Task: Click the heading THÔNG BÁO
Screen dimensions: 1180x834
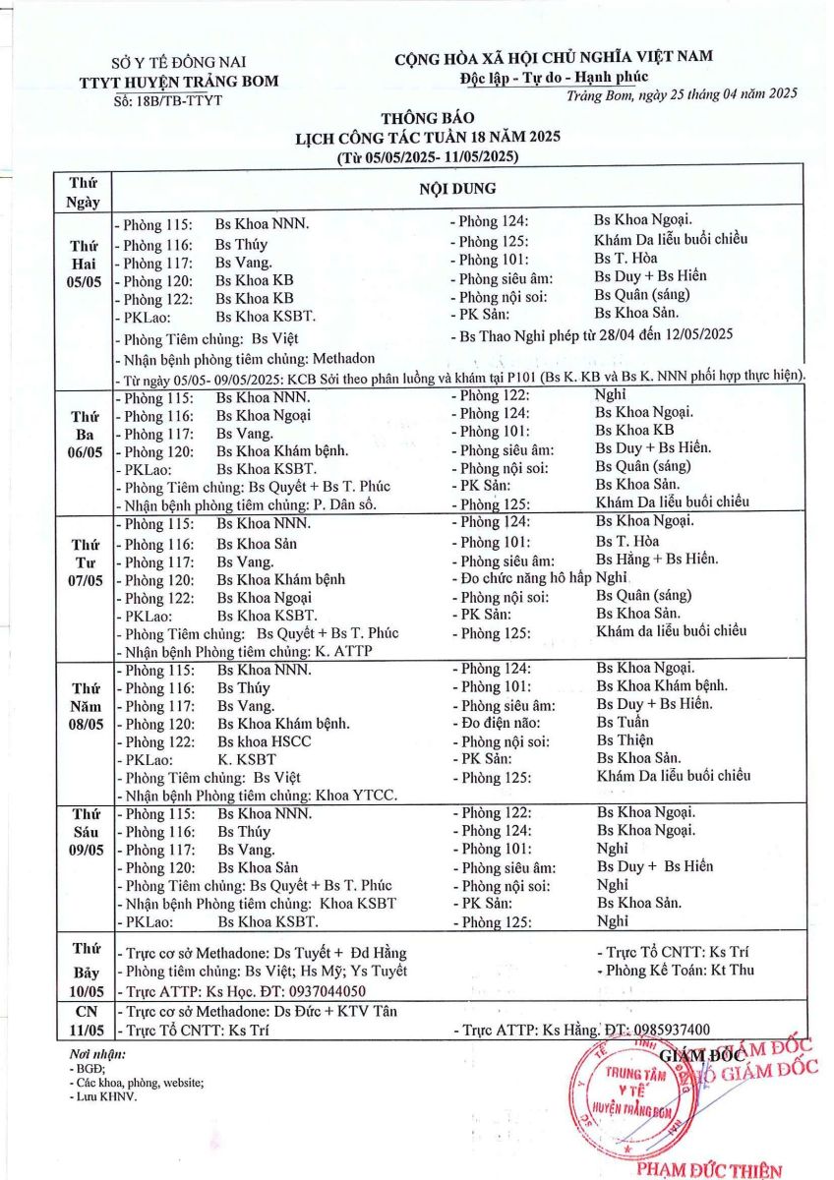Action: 427,120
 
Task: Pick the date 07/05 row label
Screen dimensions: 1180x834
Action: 85,580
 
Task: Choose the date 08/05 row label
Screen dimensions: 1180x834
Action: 85,724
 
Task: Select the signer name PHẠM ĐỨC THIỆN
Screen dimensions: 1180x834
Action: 709,1170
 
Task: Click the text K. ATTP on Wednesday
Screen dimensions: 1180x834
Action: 343,651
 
